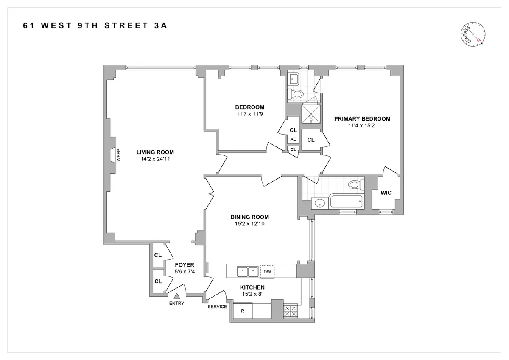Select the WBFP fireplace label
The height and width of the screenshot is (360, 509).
(x=119, y=155)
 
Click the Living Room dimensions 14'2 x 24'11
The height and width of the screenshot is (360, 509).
(x=155, y=159)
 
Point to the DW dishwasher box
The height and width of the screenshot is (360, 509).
(x=267, y=271)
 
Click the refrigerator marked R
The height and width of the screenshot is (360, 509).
(x=243, y=311)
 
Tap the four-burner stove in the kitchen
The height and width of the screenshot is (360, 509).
(x=291, y=311)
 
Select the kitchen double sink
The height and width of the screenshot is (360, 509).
(x=248, y=271)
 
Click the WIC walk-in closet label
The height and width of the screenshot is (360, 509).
(x=386, y=193)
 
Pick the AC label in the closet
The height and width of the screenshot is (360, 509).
(x=293, y=139)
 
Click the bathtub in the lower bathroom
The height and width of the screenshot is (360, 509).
(x=346, y=202)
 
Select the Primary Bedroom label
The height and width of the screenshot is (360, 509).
(x=362, y=119)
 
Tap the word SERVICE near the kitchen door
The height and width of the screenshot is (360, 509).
(x=217, y=307)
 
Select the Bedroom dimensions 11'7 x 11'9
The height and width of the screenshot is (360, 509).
(x=249, y=114)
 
